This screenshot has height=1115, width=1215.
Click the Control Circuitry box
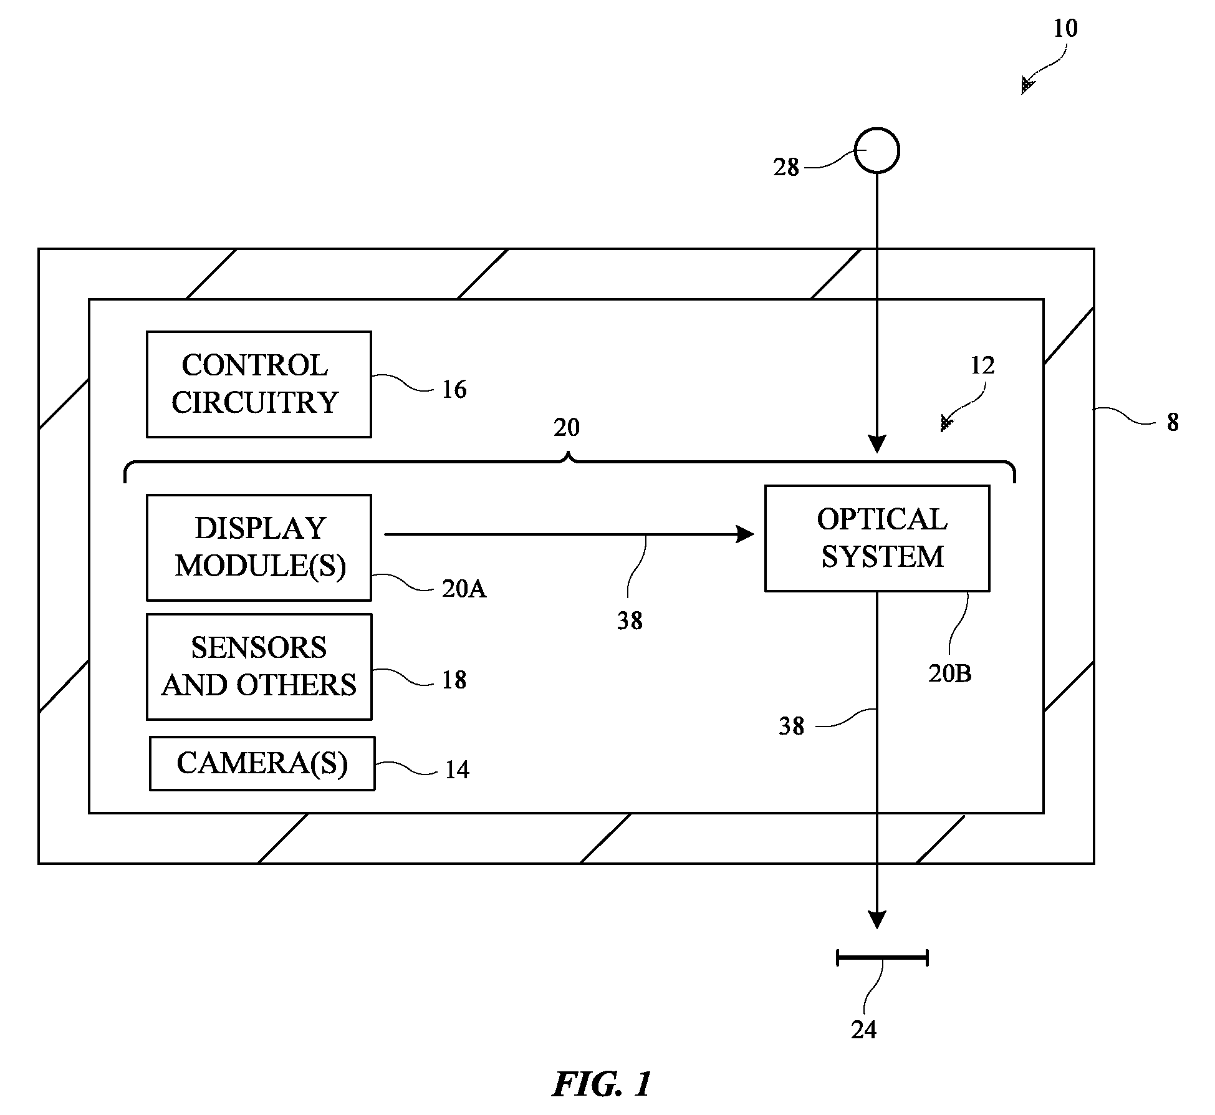(x=259, y=384)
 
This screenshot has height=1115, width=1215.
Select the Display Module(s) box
(x=259, y=548)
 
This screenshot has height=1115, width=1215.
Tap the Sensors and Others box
(x=259, y=667)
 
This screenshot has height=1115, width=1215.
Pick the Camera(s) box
(x=262, y=763)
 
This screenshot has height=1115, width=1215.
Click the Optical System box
(x=877, y=538)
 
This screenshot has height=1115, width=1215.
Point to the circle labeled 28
(x=876, y=150)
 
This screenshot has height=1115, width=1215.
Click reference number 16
(x=454, y=390)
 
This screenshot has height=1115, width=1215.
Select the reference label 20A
(x=464, y=589)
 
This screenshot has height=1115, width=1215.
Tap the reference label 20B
(x=949, y=673)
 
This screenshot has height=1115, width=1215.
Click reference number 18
(x=454, y=680)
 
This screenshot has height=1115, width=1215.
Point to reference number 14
(x=457, y=770)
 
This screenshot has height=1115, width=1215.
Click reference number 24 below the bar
(x=864, y=1030)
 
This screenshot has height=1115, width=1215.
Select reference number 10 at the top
(x=1065, y=29)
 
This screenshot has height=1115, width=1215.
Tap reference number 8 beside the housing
(x=1173, y=423)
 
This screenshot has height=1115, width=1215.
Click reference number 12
(x=982, y=365)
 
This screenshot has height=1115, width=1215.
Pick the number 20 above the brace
(x=567, y=428)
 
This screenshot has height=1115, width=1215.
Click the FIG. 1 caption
(x=602, y=1084)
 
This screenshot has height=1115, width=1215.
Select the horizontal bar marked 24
(x=882, y=957)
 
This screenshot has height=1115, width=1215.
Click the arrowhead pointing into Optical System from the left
(x=746, y=534)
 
